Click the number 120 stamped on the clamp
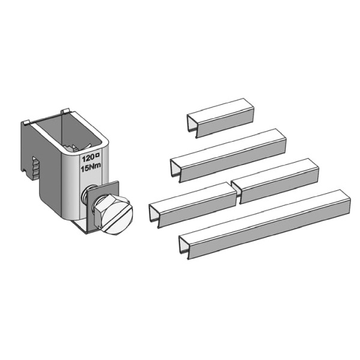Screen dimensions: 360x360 (88, 158)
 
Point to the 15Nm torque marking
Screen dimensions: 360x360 (91, 168)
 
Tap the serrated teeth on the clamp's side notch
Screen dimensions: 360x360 (36, 169)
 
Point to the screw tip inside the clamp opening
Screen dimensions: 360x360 (76, 148)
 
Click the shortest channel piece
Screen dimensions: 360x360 (220, 118)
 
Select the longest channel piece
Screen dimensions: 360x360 (265, 224)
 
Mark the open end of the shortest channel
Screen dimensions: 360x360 (192, 126)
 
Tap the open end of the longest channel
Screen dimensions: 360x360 (184, 247)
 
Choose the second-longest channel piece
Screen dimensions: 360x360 (228, 155)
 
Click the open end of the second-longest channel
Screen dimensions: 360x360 (175, 170)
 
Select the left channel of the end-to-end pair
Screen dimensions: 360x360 (193, 205)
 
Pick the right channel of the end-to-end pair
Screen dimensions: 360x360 (275, 181)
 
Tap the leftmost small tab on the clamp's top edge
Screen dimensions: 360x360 (26, 122)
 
